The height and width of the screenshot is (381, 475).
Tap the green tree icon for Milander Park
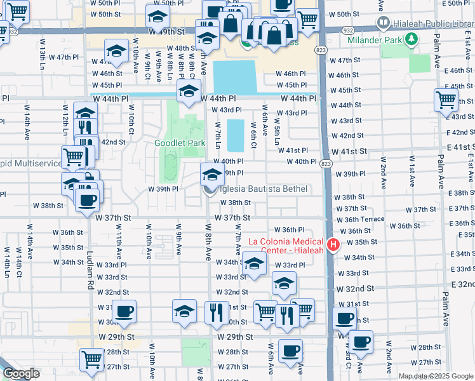[x=412, y=40]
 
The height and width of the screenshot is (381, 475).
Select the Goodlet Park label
[x=180, y=143]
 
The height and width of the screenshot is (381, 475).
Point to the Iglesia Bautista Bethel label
[x=263, y=189]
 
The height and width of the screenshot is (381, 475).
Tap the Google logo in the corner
[x=20, y=373]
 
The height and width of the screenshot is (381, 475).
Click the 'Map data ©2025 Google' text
[x=436, y=376]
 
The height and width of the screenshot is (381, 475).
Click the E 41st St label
[x=457, y=147]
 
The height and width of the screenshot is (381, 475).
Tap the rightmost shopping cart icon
[x=446, y=100]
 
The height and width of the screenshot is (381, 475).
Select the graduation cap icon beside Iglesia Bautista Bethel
[x=212, y=174]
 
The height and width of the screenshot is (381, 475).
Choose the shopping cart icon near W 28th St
[x=92, y=359]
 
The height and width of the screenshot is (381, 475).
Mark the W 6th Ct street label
[x=253, y=134]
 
